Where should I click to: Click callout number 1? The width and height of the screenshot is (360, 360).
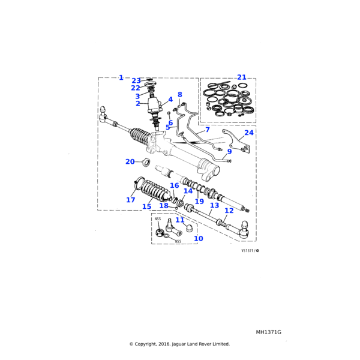(121, 77)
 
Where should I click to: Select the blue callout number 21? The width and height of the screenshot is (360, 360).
(241, 77)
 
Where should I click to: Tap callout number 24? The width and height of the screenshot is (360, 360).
(249, 133)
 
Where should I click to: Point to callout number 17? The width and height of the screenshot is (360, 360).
(131, 200)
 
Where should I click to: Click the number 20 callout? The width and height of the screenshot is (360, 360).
(130, 161)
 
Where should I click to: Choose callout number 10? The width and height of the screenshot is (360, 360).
(198, 238)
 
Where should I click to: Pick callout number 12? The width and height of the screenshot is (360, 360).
(229, 211)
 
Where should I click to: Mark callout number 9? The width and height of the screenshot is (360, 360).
(229, 152)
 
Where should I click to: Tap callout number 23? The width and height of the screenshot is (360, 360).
(136, 80)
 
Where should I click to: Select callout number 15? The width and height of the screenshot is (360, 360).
(146, 206)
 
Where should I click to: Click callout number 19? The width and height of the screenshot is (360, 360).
(199, 202)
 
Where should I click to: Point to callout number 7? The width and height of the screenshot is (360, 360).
(207, 130)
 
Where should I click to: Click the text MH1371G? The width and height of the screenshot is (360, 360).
(268, 332)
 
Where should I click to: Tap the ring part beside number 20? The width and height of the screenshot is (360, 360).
(145, 162)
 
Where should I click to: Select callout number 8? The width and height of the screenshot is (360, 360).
(179, 95)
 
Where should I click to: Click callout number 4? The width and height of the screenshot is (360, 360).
(170, 100)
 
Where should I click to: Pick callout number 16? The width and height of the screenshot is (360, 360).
(175, 185)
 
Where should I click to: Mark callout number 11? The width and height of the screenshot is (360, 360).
(180, 220)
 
